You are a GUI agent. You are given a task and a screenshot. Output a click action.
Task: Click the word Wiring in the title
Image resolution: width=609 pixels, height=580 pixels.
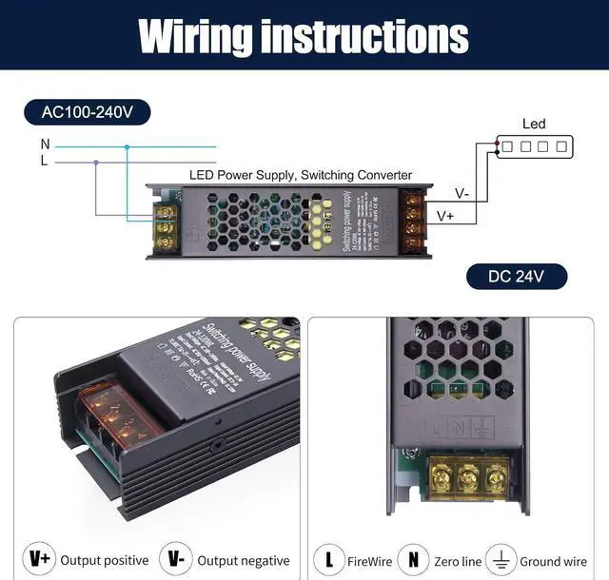point(195,36)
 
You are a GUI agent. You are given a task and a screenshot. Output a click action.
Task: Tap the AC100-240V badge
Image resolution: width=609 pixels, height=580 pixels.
point(88,112)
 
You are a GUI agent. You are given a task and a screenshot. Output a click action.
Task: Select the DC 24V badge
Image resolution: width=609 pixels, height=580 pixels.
point(516,277)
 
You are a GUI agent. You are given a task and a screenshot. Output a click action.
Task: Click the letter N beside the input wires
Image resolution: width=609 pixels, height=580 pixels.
point(45,145)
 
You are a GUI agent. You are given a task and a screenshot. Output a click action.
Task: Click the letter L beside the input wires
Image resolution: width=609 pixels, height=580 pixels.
point(44,162)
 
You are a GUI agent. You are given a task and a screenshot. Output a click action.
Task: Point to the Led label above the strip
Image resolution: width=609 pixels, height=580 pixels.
point(534,124)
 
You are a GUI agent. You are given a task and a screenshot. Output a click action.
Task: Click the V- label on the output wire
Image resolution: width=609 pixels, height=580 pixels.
point(462,194)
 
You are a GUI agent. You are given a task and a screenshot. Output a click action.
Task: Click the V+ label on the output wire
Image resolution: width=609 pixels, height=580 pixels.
point(444,216)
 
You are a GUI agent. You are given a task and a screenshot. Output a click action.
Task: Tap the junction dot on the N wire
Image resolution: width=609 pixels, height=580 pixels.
point(127,146)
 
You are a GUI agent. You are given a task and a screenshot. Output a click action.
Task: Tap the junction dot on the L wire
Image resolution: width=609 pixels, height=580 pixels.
point(95,163)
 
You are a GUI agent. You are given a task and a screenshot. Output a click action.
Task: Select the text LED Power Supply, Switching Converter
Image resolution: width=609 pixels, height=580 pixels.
point(301,175)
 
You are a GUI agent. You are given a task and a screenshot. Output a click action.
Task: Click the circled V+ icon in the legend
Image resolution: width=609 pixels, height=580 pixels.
point(40,559)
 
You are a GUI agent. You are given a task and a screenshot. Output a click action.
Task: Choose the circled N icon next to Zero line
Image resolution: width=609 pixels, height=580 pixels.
point(413,559)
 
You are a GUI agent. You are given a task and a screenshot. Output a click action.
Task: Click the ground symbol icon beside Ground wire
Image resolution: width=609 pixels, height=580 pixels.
point(501,559)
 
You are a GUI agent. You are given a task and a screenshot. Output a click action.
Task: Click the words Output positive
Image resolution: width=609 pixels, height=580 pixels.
point(105,560)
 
